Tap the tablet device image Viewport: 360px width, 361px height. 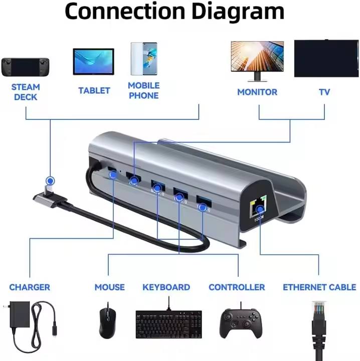94,62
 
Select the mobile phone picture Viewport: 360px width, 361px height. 143,59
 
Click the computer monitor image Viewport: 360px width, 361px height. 257,59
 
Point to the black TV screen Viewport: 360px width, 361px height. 326,58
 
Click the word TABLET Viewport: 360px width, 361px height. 94,91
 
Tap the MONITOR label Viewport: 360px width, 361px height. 257,92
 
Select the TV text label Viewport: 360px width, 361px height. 324,92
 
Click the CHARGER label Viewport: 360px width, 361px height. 30,287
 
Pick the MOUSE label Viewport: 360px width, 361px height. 109,287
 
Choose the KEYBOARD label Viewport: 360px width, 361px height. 166,287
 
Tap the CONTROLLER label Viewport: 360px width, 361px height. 237,287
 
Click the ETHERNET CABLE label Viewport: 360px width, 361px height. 319,287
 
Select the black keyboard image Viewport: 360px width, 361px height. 168,323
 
